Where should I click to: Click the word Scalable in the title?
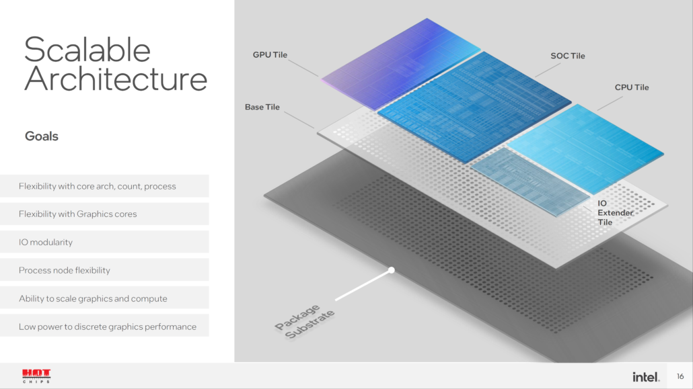(x=87, y=50)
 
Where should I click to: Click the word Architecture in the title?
(x=115, y=79)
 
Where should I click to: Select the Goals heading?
(x=42, y=136)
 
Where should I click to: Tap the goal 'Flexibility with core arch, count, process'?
(x=98, y=186)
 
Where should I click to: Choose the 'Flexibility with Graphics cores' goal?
(x=78, y=214)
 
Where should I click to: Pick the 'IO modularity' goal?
(x=46, y=242)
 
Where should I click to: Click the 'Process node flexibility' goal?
(x=65, y=270)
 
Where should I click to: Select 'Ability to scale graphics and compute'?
(x=93, y=298)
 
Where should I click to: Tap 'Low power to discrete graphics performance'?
(x=108, y=327)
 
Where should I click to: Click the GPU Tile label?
(x=270, y=54)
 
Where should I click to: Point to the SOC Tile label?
(x=567, y=56)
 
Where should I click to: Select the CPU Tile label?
(x=632, y=87)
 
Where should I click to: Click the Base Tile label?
(x=262, y=107)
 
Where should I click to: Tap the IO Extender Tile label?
(x=615, y=213)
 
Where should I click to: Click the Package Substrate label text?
(x=305, y=321)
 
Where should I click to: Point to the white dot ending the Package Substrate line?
(x=392, y=270)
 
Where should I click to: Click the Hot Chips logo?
(x=36, y=376)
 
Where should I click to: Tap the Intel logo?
(x=646, y=377)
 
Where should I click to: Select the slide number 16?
(x=680, y=376)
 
